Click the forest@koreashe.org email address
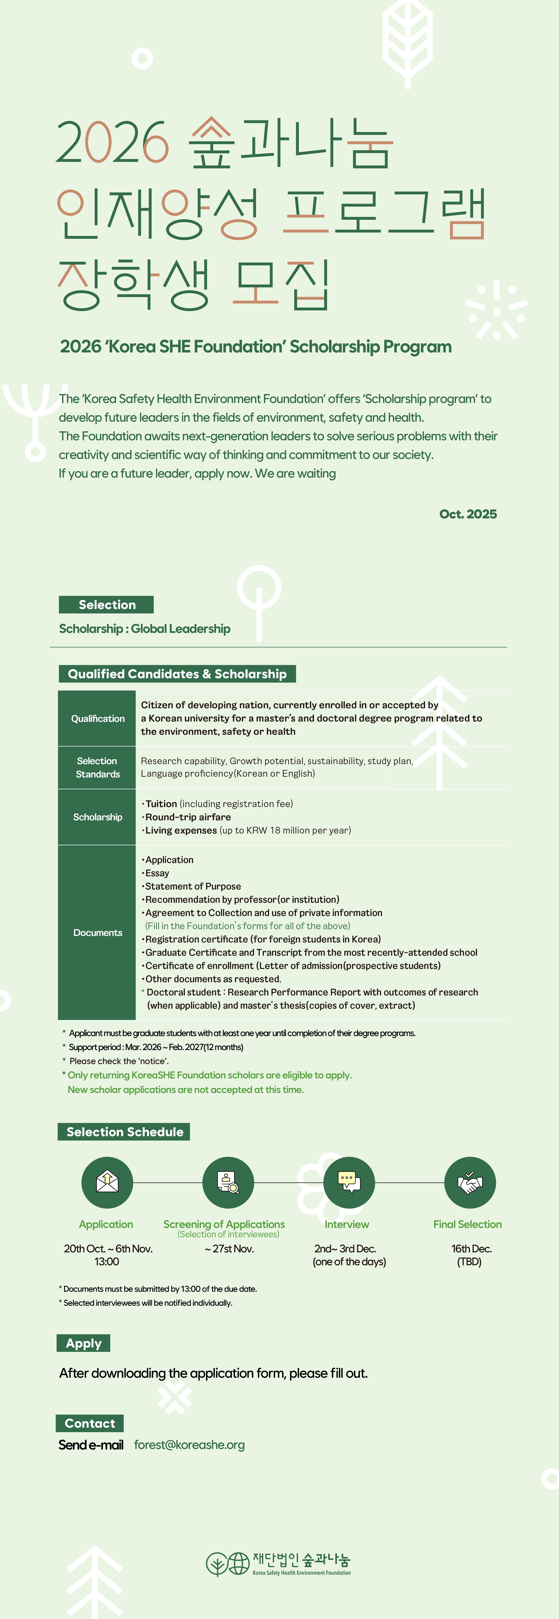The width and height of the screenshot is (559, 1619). (x=189, y=1445)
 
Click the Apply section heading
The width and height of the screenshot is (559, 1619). (x=83, y=1343)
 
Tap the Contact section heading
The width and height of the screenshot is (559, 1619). (x=90, y=1424)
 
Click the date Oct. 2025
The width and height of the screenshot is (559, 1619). (x=468, y=514)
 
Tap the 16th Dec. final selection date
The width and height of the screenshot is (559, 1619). (x=471, y=1249)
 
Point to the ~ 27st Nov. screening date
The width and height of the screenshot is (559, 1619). (x=229, y=1249)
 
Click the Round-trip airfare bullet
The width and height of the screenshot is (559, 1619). (x=188, y=817)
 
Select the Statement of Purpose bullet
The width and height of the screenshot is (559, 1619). (x=193, y=886)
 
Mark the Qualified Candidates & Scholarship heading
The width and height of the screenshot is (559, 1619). (x=177, y=674)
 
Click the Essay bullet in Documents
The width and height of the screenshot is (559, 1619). (x=157, y=873)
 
